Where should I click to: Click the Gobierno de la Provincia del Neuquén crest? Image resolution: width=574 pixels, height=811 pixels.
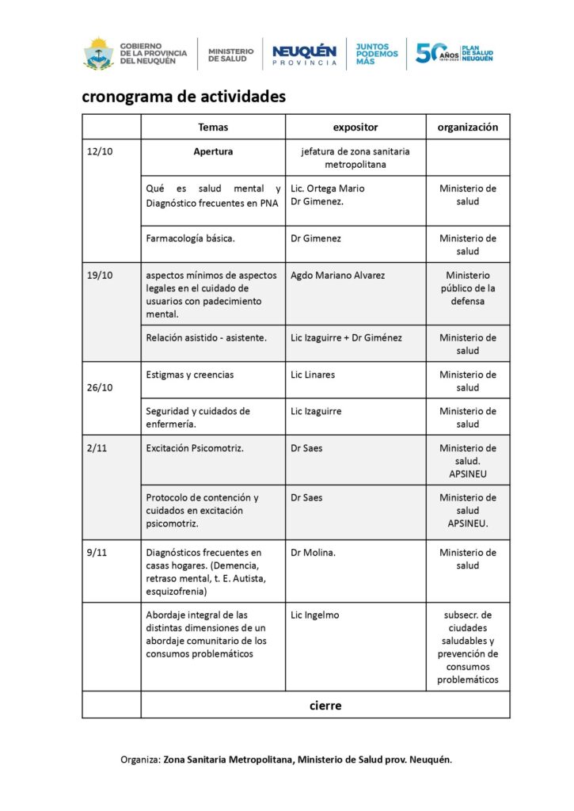(98, 53)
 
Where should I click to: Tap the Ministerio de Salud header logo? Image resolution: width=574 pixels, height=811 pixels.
(231, 55)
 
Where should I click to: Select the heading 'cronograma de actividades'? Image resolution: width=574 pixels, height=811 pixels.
(183, 97)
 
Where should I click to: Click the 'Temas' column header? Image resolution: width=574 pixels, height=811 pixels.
(213, 127)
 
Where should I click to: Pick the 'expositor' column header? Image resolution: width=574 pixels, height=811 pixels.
(355, 127)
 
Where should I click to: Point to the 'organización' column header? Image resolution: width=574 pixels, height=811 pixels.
(468, 127)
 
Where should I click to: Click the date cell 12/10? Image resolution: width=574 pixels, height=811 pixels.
(100, 151)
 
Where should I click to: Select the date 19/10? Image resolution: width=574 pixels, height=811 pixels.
(100, 275)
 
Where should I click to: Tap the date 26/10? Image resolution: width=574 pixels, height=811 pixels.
(100, 388)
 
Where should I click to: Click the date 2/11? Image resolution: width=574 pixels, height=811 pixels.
(96, 448)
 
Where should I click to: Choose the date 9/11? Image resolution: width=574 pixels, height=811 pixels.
(96, 553)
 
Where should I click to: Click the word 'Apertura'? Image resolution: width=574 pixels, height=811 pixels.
(213, 151)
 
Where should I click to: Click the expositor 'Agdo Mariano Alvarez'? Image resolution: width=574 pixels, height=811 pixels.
(338, 275)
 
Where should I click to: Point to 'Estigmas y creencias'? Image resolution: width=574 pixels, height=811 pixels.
(190, 375)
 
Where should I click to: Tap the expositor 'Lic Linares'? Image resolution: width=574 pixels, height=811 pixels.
(313, 375)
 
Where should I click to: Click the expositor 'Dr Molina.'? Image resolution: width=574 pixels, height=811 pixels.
(314, 553)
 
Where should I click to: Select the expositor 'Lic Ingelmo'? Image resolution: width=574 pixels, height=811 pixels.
(315, 615)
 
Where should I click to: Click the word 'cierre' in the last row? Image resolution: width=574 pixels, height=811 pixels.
(325, 705)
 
